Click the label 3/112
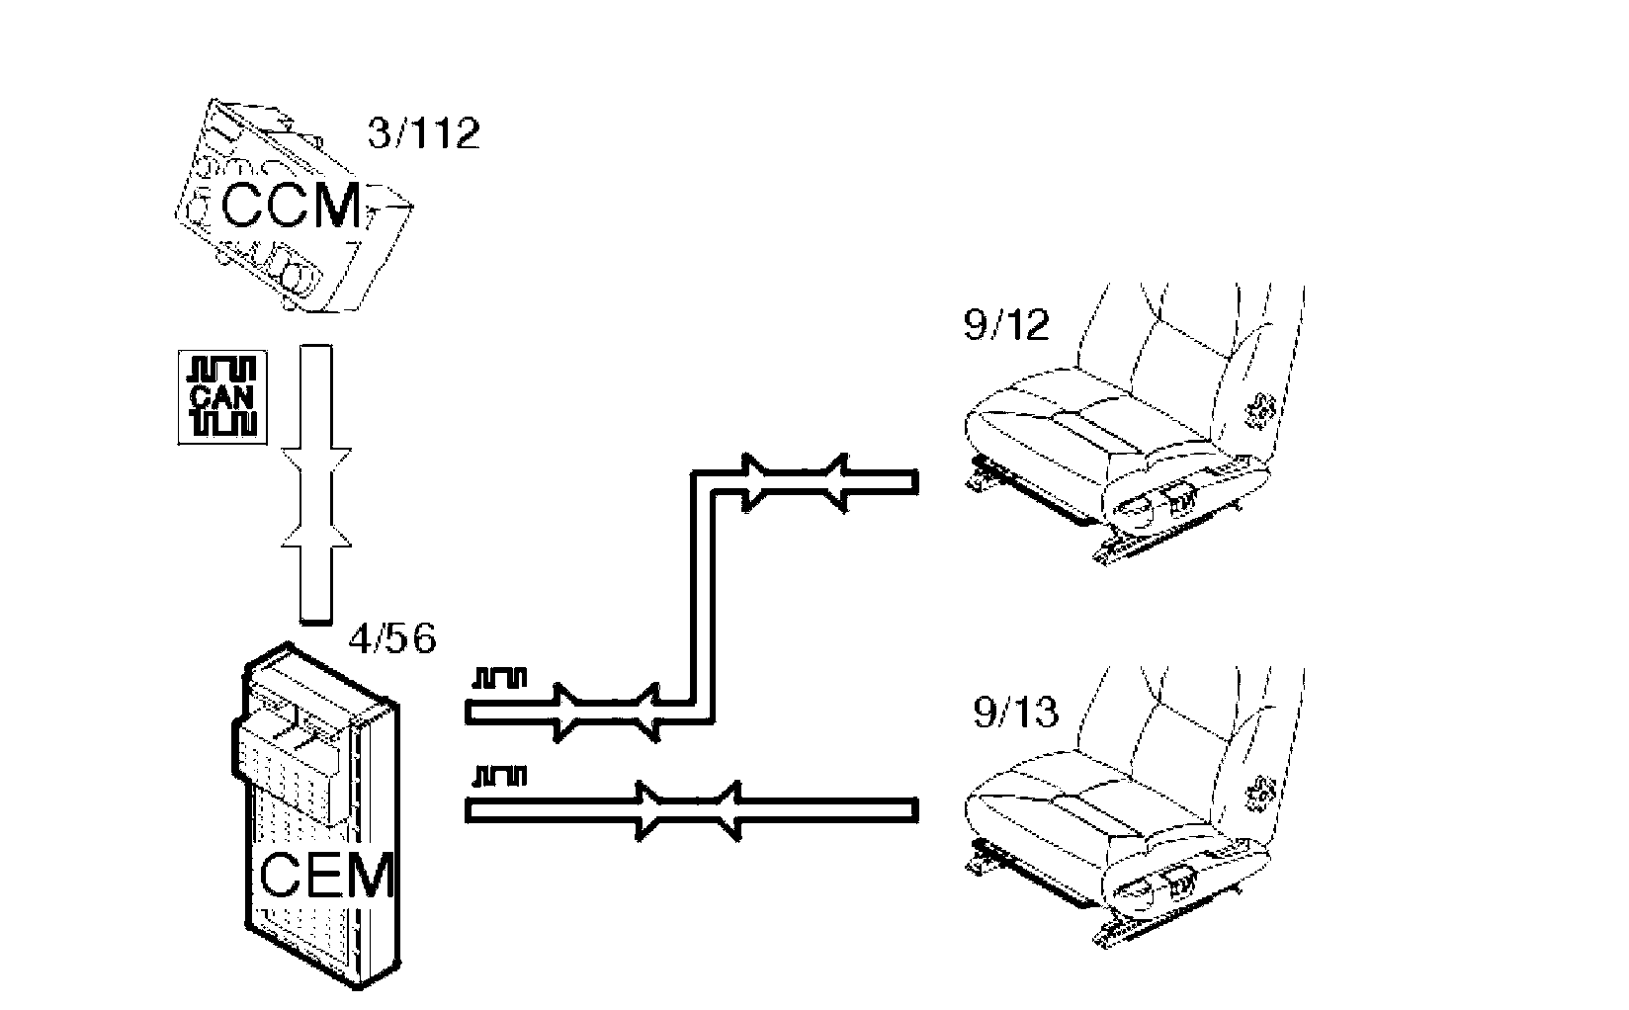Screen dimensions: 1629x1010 coord(423,133)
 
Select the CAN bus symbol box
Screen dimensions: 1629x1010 coord(222,395)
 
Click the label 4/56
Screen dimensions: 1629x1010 coord(392,638)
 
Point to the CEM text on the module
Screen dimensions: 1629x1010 coord(326,876)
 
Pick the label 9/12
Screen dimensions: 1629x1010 coord(1005,324)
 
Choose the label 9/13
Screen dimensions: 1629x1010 coord(1015,712)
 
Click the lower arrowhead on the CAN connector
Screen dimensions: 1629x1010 coord(316,538)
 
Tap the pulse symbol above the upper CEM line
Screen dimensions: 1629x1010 coord(501,678)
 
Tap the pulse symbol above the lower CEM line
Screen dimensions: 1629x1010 coord(501,775)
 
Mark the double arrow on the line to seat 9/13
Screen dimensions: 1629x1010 coord(688,810)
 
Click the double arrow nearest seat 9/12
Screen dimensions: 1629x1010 coord(796,482)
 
